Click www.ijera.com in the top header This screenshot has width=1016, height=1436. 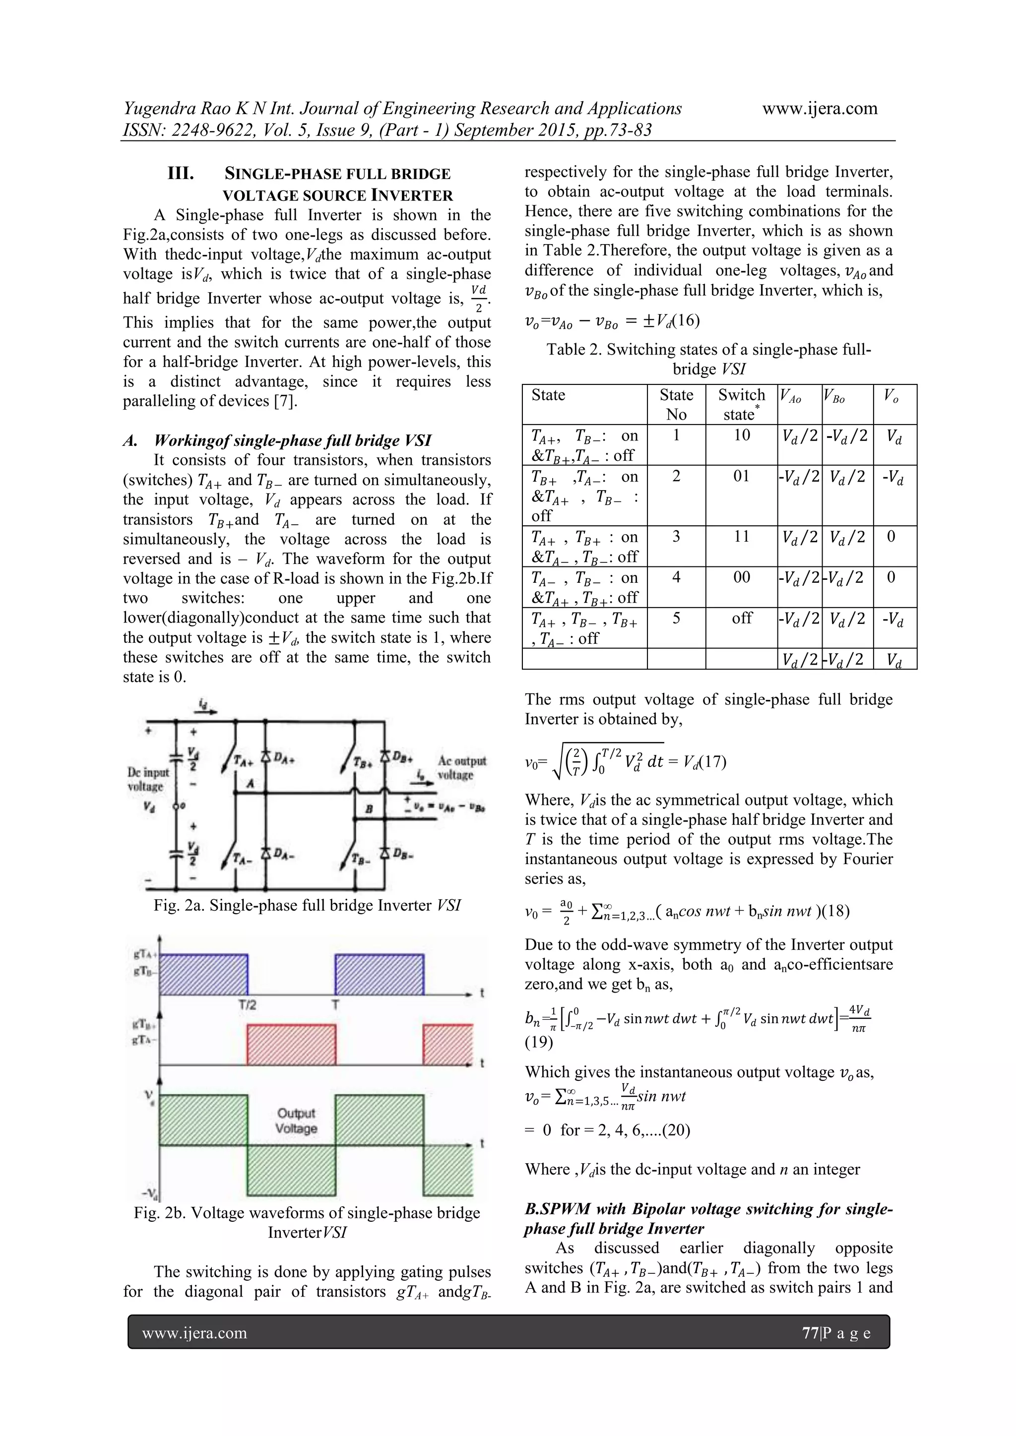[x=820, y=109]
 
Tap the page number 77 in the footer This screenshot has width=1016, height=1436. [x=810, y=1333]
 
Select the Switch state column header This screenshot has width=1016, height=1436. [x=741, y=404]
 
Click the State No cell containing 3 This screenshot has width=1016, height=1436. [x=676, y=537]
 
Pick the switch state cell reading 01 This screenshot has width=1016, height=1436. [x=741, y=476]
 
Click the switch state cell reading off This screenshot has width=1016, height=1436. [x=741, y=618]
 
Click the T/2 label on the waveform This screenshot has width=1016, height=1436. [x=247, y=1005]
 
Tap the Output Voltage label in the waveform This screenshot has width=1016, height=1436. [x=297, y=1121]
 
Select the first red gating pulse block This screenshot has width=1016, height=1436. [x=292, y=1045]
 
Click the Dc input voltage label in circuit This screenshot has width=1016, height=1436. [x=148, y=779]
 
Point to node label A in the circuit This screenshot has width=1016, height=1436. [x=250, y=784]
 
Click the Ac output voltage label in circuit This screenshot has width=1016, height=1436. [x=462, y=767]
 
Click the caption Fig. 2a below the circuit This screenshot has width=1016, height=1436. [x=307, y=906]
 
